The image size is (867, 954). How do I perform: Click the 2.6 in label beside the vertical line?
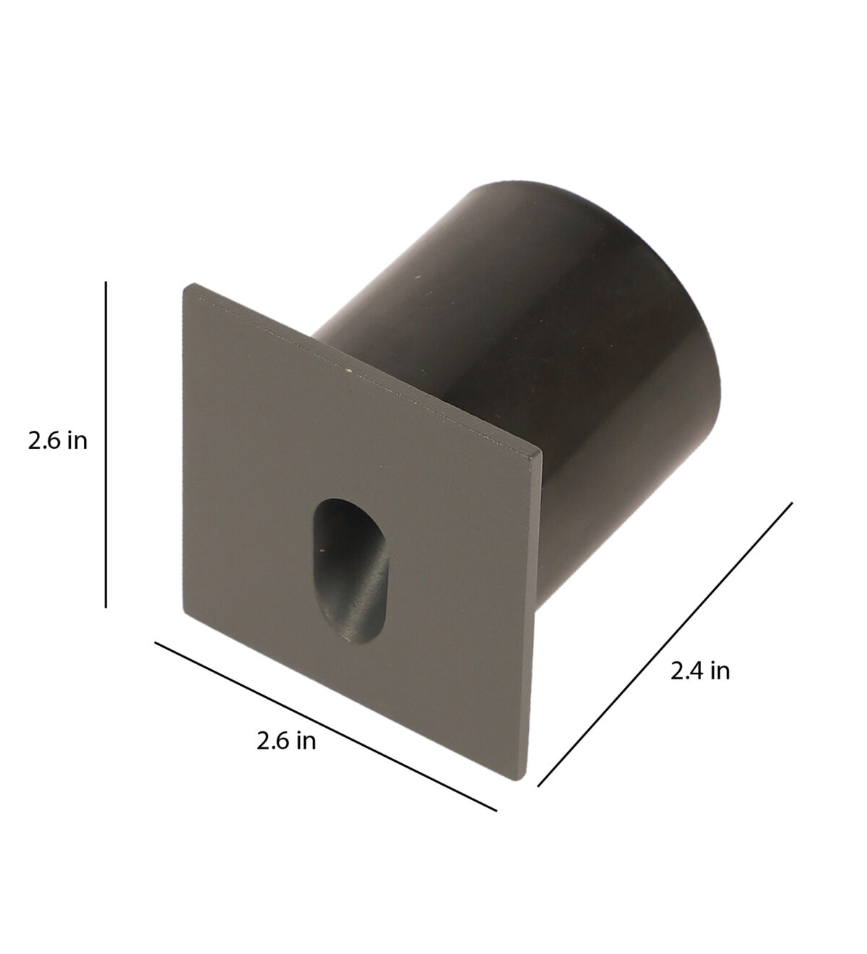(x=58, y=442)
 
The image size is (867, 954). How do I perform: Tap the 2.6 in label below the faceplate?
(x=286, y=741)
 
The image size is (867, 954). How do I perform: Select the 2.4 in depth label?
(x=699, y=671)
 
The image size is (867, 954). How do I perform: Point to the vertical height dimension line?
(x=105, y=444)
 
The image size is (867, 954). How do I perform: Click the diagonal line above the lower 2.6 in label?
(x=326, y=726)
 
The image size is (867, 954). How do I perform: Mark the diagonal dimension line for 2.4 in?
(x=665, y=645)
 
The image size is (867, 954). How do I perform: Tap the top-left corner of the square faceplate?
(x=184, y=284)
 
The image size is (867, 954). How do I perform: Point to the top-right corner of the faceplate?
(x=541, y=452)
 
